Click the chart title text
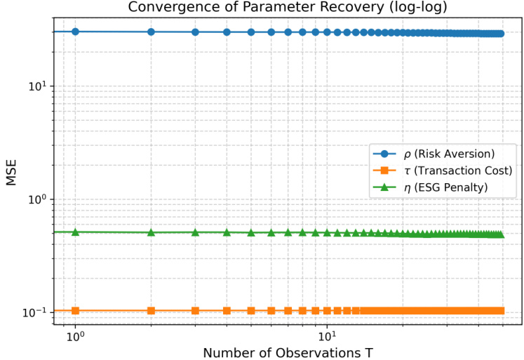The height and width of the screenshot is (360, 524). click(x=288, y=8)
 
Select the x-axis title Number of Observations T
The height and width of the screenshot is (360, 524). click(x=288, y=350)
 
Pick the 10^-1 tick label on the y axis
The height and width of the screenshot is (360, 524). click(x=36, y=312)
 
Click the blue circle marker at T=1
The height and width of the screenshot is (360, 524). click(x=75, y=32)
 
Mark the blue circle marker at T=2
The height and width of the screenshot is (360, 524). click(x=151, y=32)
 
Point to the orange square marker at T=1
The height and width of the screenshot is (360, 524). click(x=75, y=310)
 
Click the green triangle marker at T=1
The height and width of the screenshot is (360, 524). click(x=75, y=232)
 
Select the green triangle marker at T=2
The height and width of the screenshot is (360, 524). click(x=151, y=232)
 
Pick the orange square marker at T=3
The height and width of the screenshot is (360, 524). click(x=195, y=310)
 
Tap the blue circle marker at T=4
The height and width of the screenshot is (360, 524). click(x=227, y=32)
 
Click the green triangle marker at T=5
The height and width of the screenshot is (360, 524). click(x=250, y=232)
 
